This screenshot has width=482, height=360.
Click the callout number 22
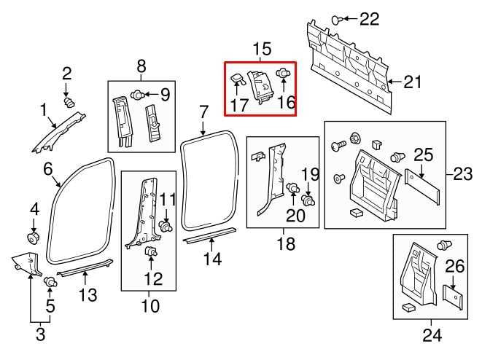[370, 19]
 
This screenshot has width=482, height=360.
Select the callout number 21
[413, 82]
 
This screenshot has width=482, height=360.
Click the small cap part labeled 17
[237, 77]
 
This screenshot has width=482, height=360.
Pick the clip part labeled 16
[283, 74]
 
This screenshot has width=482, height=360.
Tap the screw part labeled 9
[137, 93]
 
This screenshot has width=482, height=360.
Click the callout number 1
[44, 110]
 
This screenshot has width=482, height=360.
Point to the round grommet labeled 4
[34, 237]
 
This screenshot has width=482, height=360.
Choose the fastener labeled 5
[51, 281]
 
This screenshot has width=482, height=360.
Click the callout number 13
[87, 296]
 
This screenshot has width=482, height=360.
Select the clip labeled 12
[152, 251]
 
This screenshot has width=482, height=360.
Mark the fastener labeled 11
[167, 227]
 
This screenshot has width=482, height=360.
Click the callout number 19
[311, 174]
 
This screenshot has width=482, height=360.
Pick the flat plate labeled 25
[424, 186]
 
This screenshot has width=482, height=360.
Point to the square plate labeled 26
[454, 294]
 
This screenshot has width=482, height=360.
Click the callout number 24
[432, 335]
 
